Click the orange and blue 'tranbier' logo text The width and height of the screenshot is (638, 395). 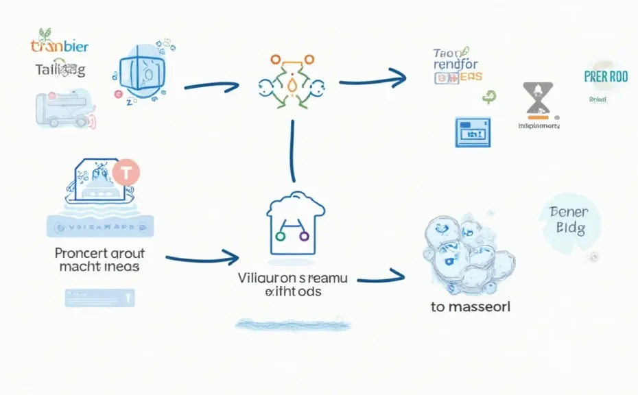60,47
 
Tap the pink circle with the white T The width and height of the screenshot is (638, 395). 126,171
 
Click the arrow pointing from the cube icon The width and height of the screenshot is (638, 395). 211,87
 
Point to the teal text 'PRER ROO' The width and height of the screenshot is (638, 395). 606,77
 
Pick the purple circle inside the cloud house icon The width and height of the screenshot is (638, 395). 304,237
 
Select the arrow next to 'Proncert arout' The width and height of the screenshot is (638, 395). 202,259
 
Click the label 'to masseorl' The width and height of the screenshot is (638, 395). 471,307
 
